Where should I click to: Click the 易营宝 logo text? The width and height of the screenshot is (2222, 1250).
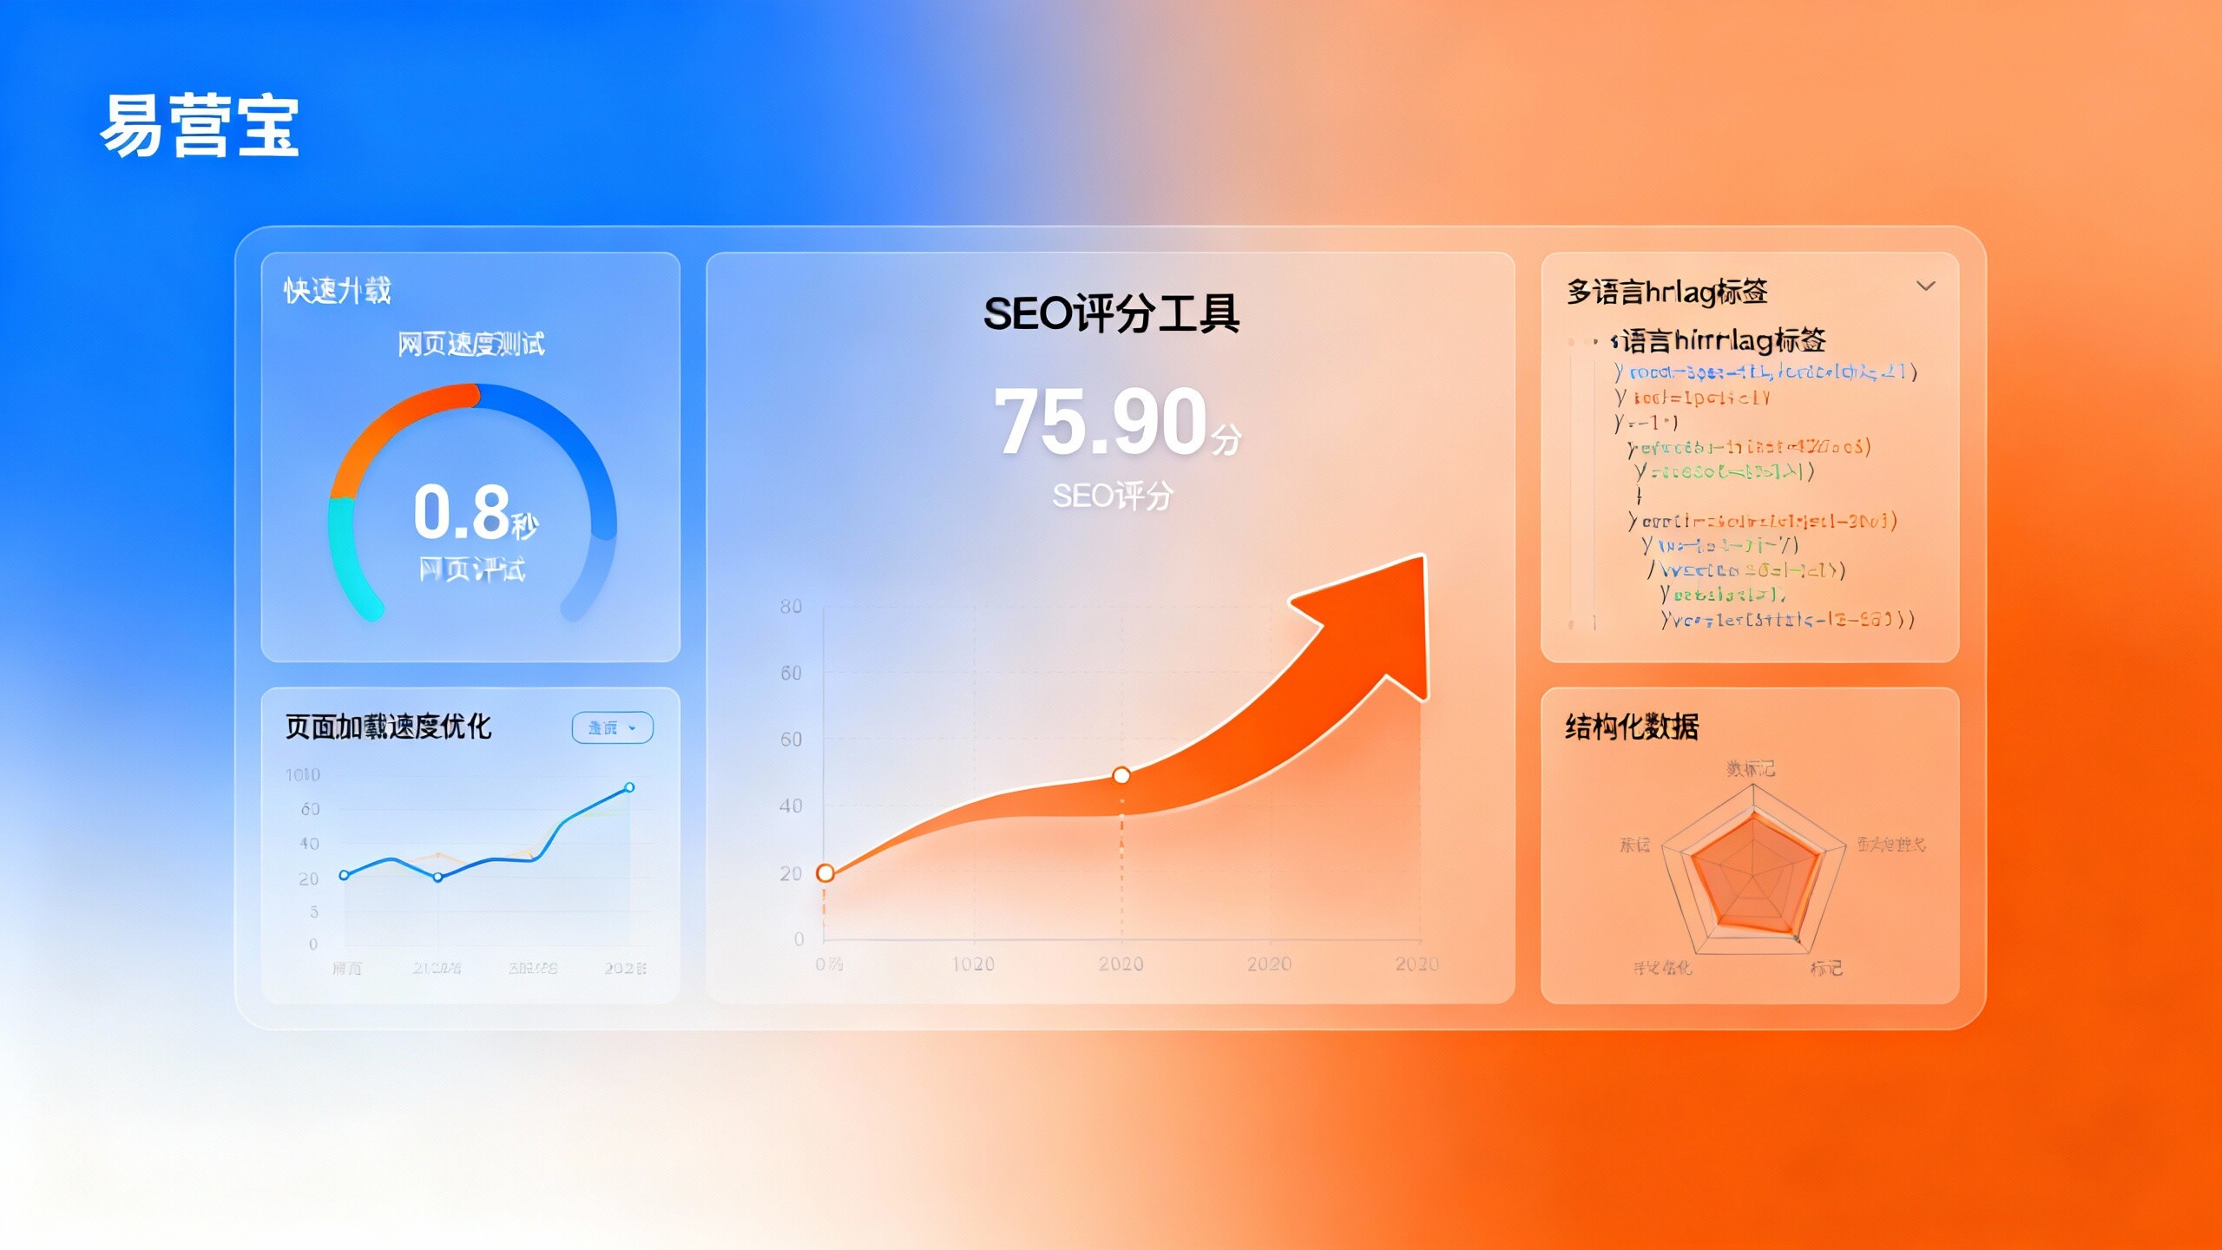click(x=200, y=127)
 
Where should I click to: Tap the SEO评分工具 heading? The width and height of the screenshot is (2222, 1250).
click(x=1111, y=313)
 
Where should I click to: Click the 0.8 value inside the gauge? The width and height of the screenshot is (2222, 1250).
click(x=462, y=512)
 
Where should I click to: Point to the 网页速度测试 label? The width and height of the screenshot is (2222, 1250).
click(x=471, y=345)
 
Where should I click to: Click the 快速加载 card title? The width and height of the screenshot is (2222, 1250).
click(x=338, y=291)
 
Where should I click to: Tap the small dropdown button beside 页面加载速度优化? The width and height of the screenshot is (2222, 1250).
click(x=612, y=727)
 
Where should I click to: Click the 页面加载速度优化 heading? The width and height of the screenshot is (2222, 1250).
click(x=388, y=727)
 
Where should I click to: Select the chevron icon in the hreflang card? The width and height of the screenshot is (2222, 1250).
click(x=1925, y=286)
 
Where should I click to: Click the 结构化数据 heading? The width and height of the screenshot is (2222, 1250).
click(x=1632, y=727)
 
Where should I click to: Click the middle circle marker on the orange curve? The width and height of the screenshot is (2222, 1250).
click(x=1121, y=775)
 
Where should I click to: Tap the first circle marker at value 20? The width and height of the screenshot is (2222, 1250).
click(x=825, y=873)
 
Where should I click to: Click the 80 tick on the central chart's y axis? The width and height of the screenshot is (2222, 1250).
click(x=791, y=607)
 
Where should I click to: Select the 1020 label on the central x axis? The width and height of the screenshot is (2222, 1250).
click(x=973, y=964)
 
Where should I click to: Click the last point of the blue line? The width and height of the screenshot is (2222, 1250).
click(x=629, y=787)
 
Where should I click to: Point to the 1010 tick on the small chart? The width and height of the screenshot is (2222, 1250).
click(x=303, y=774)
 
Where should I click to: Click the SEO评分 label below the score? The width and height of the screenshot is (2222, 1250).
click(x=1112, y=497)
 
